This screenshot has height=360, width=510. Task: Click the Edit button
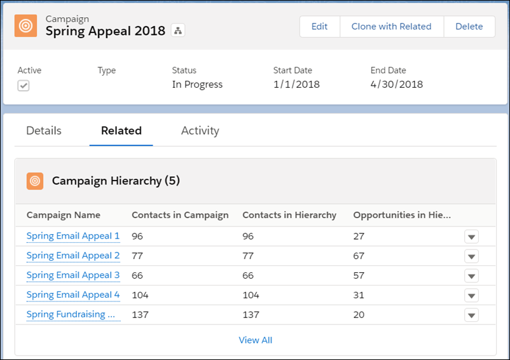(x=319, y=27)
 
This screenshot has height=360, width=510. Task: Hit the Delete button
(x=469, y=27)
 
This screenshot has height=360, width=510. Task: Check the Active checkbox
(x=24, y=86)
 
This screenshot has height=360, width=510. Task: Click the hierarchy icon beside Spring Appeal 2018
(x=178, y=31)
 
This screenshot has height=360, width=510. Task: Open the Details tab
(x=44, y=130)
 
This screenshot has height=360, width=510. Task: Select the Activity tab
(x=200, y=130)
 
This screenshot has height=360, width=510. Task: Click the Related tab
(x=121, y=130)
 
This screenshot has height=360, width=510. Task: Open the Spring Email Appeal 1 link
(x=73, y=236)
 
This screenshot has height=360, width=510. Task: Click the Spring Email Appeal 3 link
(x=73, y=275)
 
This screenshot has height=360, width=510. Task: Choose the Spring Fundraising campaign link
(x=71, y=314)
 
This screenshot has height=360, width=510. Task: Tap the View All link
(x=255, y=340)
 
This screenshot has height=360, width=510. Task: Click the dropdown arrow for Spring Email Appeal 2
(x=471, y=256)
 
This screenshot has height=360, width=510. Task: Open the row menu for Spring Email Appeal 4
(x=471, y=296)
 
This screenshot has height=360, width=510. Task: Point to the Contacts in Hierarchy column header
(x=289, y=215)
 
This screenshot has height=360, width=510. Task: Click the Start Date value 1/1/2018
(x=296, y=85)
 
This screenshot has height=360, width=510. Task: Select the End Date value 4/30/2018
(x=396, y=85)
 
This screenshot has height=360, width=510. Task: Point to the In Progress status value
(x=197, y=85)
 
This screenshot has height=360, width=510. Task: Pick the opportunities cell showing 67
(x=359, y=256)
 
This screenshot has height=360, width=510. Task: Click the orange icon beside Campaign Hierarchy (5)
(x=35, y=181)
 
